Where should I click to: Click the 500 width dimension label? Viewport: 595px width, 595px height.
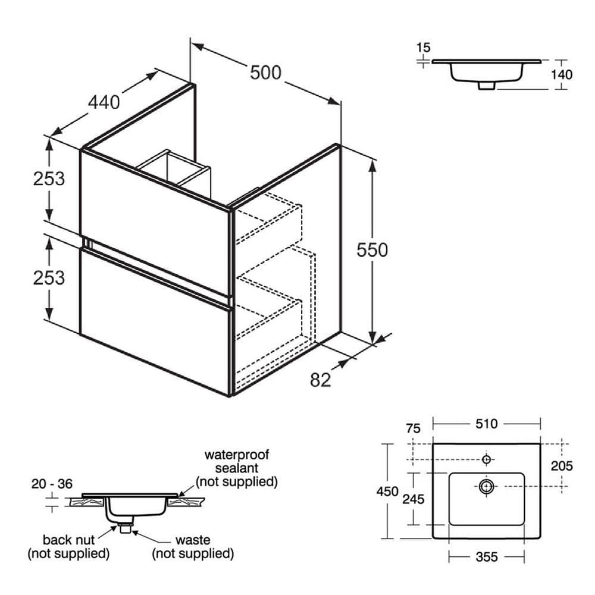265,73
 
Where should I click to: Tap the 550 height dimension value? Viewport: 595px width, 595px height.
372,250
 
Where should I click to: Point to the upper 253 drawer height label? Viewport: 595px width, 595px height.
48,178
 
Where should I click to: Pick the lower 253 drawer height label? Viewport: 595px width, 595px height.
48,277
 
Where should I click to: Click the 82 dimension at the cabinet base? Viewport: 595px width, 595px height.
321,380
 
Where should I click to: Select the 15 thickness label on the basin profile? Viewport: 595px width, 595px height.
424,47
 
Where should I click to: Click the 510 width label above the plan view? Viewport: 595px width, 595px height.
487,424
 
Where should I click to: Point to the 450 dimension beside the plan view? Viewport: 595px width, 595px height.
388,491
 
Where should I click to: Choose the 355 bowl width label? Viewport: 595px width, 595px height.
487,557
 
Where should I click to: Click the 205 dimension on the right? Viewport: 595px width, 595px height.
561,466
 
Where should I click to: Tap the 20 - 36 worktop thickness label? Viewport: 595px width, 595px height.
52,484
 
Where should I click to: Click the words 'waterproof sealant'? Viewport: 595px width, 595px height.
237,462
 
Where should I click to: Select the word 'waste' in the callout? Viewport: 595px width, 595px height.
193,540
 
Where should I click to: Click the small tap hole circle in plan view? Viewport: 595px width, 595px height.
487,459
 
